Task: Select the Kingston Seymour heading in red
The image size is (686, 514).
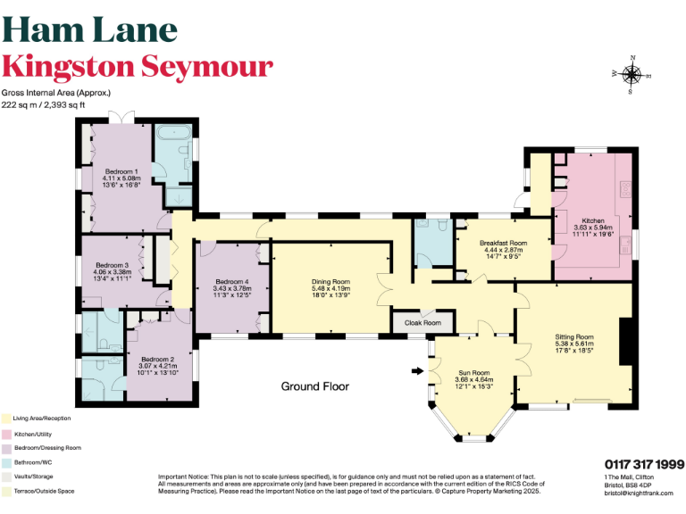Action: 137,67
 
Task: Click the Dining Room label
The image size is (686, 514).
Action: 330,282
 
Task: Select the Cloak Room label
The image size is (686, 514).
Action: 422,322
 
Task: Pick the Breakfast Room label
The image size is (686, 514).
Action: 503,243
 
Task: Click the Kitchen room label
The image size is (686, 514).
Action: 593,220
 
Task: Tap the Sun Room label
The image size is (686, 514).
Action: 474,372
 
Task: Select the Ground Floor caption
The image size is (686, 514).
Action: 314,386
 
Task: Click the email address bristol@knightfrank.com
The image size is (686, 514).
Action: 632,493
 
